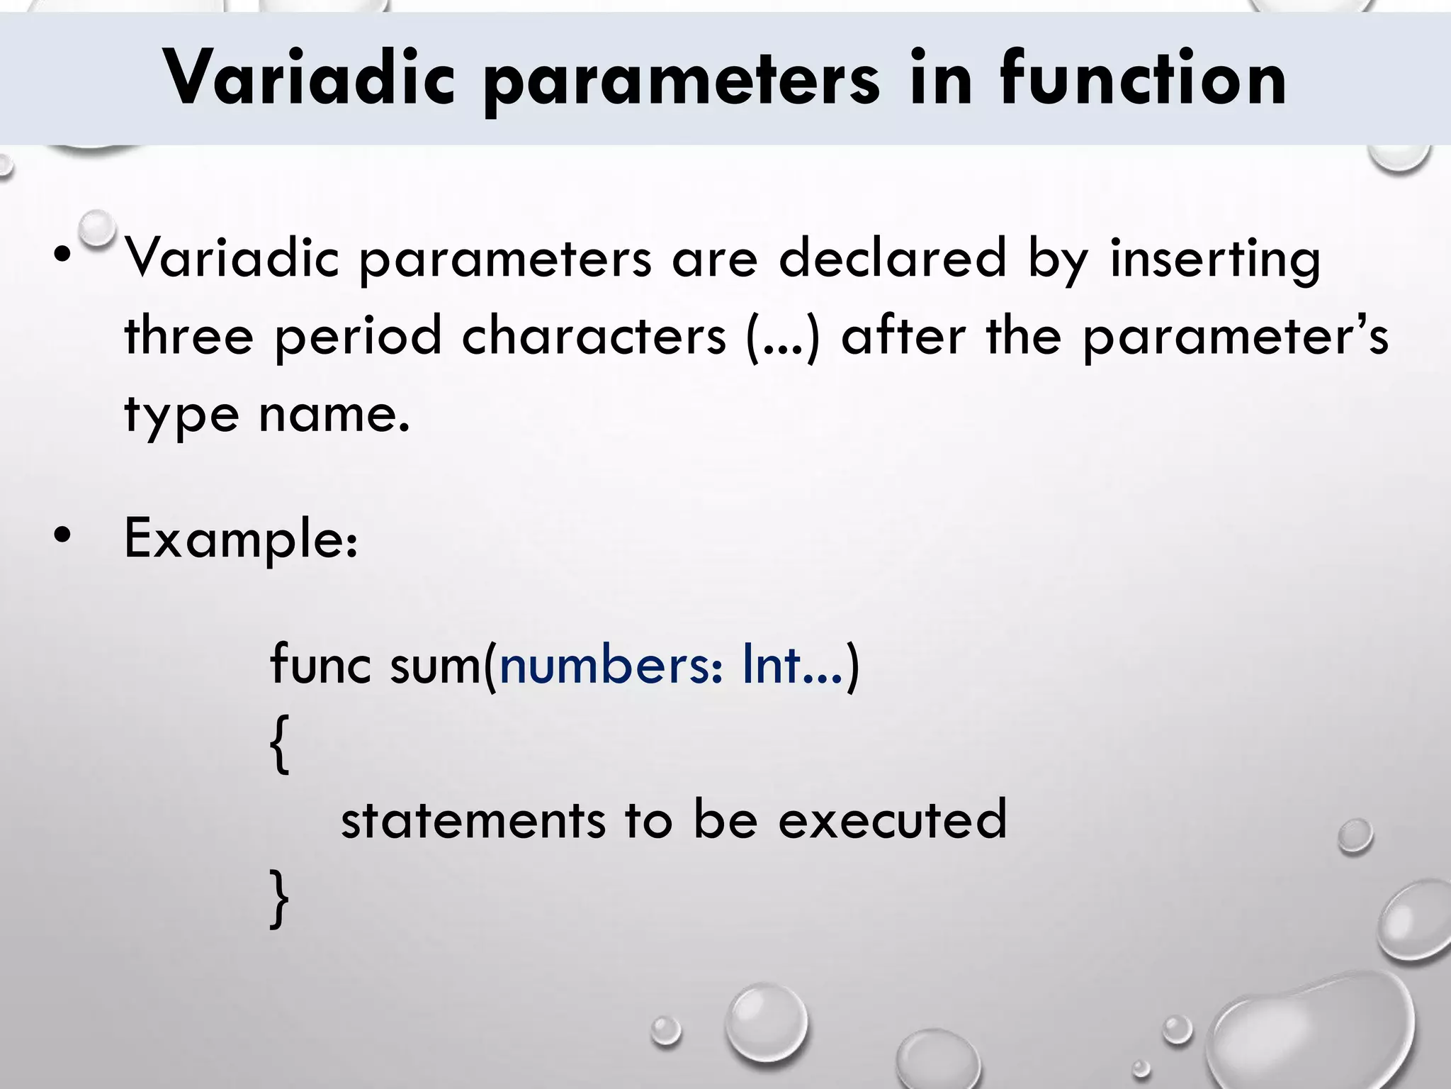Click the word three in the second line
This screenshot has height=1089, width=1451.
[188, 335]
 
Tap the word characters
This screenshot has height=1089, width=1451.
[594, 335]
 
